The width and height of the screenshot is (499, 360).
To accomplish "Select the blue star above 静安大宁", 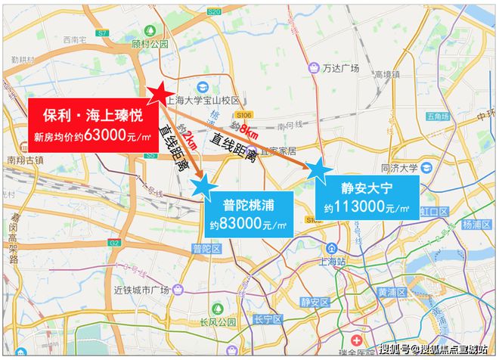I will (x=317, y=171).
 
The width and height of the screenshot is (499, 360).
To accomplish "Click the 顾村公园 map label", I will (x=149, y=44).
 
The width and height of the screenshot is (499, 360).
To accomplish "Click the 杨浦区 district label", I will (x=477, y=225).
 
